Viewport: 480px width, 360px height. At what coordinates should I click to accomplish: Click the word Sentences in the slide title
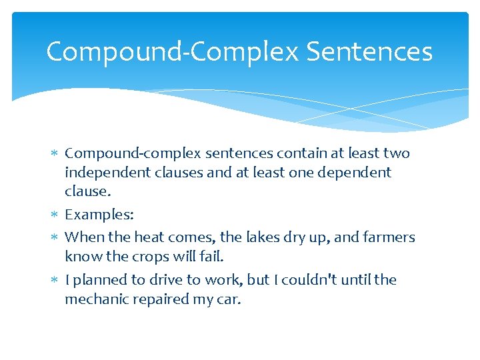[369, 51]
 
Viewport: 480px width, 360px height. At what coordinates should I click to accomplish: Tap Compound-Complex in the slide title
[172, 52]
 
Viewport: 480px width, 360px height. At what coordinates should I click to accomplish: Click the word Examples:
[99, 215]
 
